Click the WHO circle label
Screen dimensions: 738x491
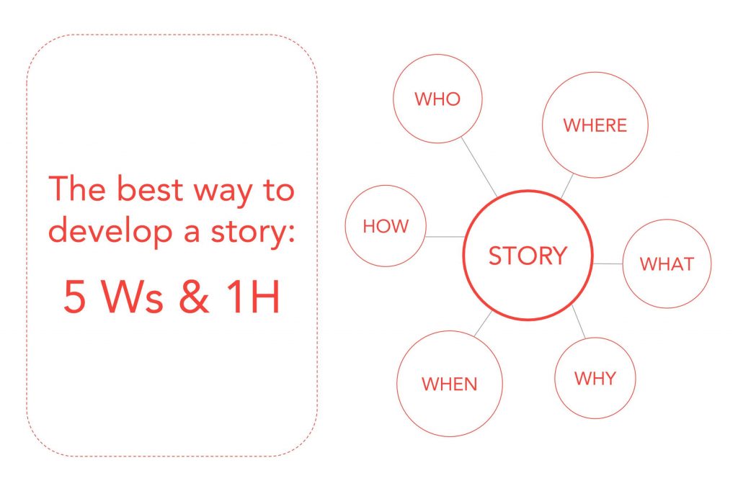pyautogui.click(x=437, y=99)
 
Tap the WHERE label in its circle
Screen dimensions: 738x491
pyautogui.click(x=595, y=125)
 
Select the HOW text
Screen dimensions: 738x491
pyautogui.click(x=386, y=226)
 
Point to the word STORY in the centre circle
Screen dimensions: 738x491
pyautogui.click(x=528, y=256)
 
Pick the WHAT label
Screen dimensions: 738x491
pyautogui.click(x=667, y=264)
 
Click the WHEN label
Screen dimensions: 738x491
pyautogui.click(x=450, y=384)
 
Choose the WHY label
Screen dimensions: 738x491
pyautogui.click(x=595, y=379)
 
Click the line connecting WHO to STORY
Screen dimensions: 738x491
pyautogui.click(x=479, y=167)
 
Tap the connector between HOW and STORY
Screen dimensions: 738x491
pyautogui.click(x=445, y=237)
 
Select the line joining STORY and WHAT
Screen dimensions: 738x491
pyautogui.click(x=608, y=263)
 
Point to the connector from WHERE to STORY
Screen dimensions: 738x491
pyautogui.click(x=567, y=186)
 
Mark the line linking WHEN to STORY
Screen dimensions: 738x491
pyautogui.click(x=484, y=323)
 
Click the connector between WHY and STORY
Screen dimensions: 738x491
pyautogui.click(x=579, y=322)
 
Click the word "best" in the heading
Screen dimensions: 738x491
pyautogui.click(x=149, y=189)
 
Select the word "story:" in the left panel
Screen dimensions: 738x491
pyautogui.click(x=252, y=233)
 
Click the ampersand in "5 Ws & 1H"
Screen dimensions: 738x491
pyautogui.click(x=194, y=297)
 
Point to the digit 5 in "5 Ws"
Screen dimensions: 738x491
pyautogui.click(x=75, y=297)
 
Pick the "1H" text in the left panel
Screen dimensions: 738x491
pyautogui.click(x=253, y=297)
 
